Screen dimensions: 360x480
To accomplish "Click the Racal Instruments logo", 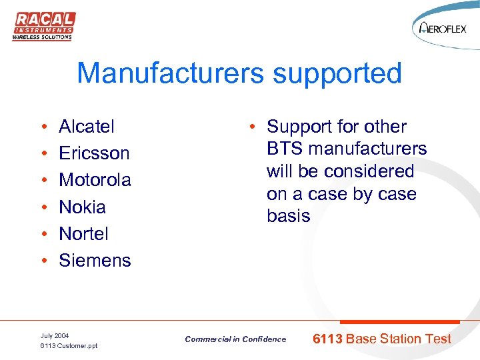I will [x=43, y=25].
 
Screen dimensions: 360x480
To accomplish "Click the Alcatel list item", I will [x=87, y=127].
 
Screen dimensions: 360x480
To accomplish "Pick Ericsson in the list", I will [x=94, y=153].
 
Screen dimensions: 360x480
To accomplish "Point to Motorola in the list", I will [x=95, y=180].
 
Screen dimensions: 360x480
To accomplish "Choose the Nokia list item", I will [x=82, y=207].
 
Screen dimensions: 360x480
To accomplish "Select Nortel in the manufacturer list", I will [x=83, y=234].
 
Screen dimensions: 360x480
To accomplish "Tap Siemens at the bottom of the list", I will [x=95, y=261].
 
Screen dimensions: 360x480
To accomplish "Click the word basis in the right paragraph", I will [x=288, y=216].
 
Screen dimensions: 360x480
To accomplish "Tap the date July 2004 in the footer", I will [x=54, y=335].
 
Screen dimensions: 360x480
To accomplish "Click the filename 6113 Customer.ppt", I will [x=69, y=346].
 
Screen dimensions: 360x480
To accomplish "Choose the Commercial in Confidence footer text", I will [x=235, y=339].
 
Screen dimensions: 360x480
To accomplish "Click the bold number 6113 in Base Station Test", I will [x=328, y=339].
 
